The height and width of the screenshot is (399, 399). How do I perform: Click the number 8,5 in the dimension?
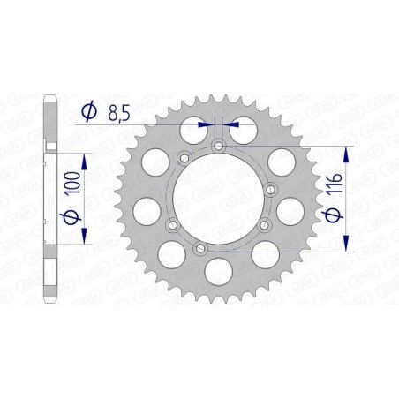[123, 112]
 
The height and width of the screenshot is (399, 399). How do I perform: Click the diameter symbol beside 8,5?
[89, 111]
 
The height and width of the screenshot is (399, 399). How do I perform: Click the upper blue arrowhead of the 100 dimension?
[84, 157]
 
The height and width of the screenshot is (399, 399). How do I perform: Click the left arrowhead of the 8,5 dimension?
[208, 125]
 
